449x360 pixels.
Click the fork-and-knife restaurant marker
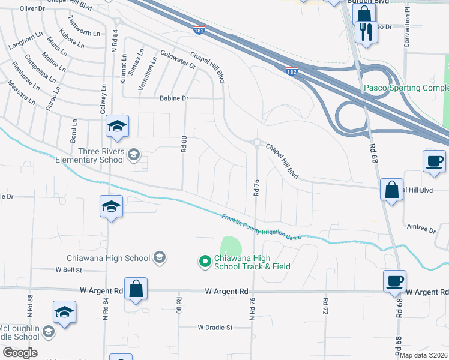coord(366,32)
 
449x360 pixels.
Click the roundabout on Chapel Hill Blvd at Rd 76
coord(257,143)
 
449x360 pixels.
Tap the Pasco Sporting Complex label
coord(406,88)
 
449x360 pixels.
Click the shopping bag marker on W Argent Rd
coord(136,289)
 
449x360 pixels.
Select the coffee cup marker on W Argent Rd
coord(394,281)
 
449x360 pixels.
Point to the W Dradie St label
coord(214,328)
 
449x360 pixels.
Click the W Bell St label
coord(68,270)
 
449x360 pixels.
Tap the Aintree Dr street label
coord(420,229)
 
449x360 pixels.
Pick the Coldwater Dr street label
coord(178,61)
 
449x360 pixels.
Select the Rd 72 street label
coord(325,308)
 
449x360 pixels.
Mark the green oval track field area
coord(231,246)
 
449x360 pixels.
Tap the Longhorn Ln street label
coord(25,41)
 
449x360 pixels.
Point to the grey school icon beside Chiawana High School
coord(159,258)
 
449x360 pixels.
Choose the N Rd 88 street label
coord(29,307)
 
